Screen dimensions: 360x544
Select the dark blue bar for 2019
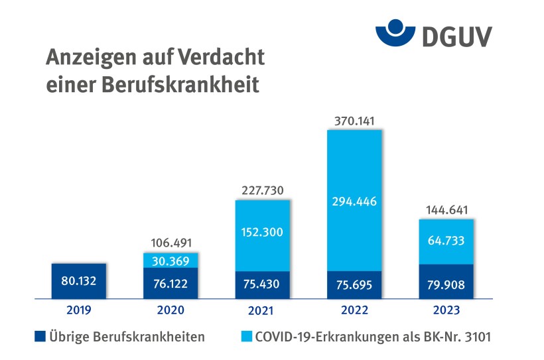click(79, 280)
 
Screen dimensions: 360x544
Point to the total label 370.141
click(354, 119)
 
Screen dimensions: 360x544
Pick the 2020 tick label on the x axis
click(170, 310)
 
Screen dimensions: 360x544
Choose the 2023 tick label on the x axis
click(446, 310)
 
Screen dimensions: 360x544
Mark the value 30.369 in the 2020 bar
click(171, 260)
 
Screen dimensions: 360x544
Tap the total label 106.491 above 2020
click(171, 242)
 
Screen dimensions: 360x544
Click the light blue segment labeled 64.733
click(446, 242)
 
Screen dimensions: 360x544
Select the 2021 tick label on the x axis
click(263, 310)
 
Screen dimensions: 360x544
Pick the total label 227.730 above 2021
click(263, 190)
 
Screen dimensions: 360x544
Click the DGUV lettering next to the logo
click(455, 34)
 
